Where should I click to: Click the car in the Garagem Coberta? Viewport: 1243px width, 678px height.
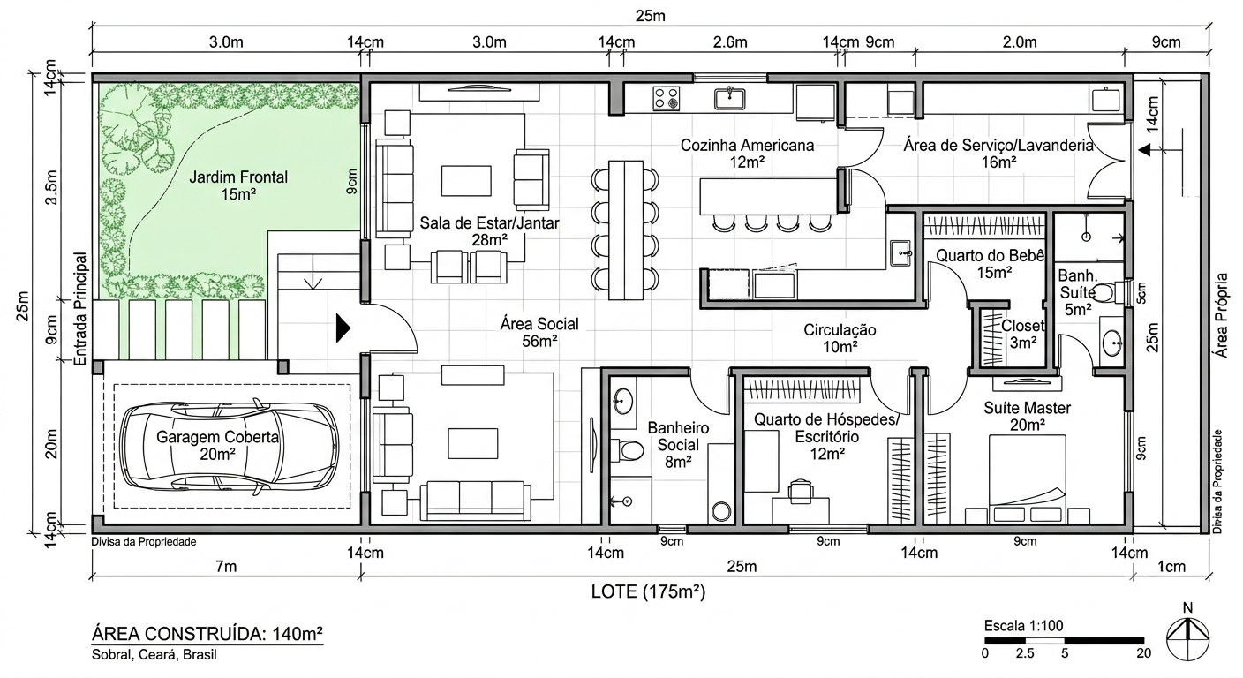pyautogui.click(x=230, y=447)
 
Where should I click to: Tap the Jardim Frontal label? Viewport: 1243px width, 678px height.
pyautogui.click(x=238, y=185)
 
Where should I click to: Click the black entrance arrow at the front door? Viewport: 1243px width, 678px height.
pyautogui.click(x=343, y=328)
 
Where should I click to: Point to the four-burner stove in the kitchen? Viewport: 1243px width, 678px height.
pyautogui.click(x=666, y=99)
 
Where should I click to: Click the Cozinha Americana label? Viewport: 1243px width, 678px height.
pyautogui.click(x=747, y=153)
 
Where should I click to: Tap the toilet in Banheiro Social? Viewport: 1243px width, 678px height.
pyautogui.click(x=628, y=450)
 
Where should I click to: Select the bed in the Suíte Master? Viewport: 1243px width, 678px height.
pyautogui.click(x=1027, y=478)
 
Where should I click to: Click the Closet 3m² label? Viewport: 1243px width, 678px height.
pyautogui.click(x=1022, y=334)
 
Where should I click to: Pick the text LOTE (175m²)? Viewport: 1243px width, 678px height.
pyautogui.click(x=648, y=591)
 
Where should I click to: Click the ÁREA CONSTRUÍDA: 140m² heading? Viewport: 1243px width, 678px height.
pyautogui.click(x=207, y=634)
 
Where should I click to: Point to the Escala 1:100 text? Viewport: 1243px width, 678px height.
pyautogui.click(x=1023, y=626)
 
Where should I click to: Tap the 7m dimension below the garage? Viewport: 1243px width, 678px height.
pyautogui.click(x=226, y=566)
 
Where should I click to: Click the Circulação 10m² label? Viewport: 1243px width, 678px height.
pyautogui.click(x=840, y=338)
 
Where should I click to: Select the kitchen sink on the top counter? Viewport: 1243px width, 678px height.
pyautogui.click(x=730, y=98)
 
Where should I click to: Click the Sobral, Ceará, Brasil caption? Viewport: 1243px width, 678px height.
pyautogui.click(x=154, y=655)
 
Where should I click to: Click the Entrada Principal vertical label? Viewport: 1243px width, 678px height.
pyautogui.click(x=81, y=309)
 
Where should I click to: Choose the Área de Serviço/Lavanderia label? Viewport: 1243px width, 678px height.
pyautogui.click(x=998, y=153)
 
